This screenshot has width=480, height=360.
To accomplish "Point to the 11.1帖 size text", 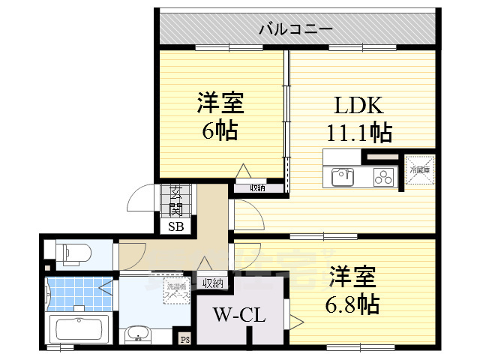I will [358, 133].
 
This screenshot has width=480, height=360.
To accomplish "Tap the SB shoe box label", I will [175, 226].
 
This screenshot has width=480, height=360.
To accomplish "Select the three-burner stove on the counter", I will [382, 178].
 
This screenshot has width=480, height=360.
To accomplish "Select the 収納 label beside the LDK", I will [258, 187].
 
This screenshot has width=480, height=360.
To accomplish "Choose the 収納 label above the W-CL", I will [213, 283].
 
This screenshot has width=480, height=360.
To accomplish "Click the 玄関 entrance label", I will [175, 199].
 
